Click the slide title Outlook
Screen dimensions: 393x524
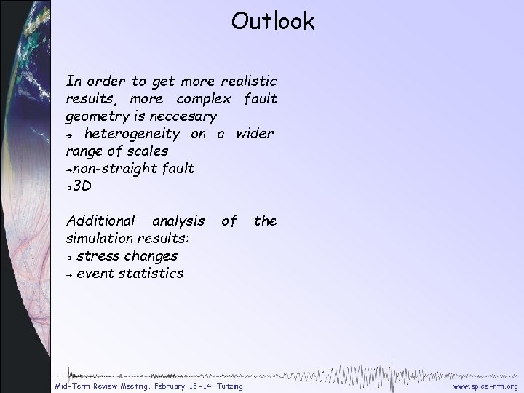point(273,21)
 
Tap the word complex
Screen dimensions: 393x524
point(202,98)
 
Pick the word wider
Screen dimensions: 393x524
point(254,134)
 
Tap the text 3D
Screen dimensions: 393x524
point(82,186)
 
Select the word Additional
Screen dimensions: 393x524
point(100,221)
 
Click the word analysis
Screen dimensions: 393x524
point(178,221)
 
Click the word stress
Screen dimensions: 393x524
point(98,257)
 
